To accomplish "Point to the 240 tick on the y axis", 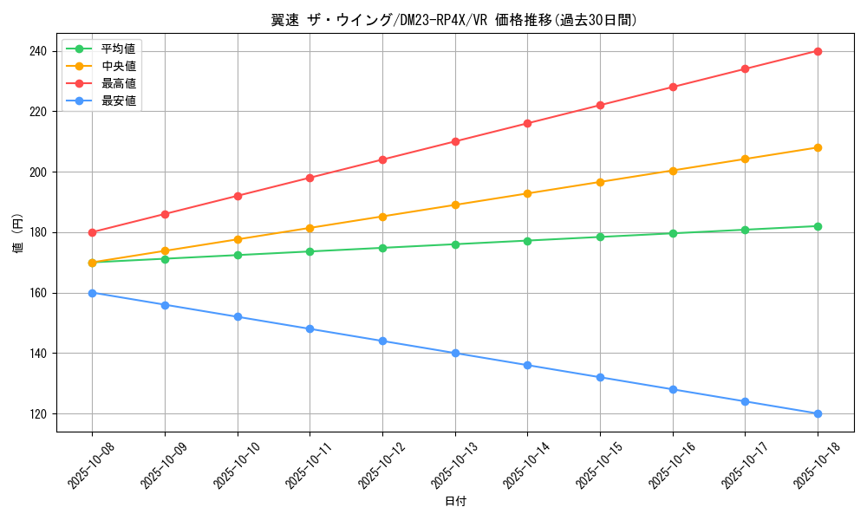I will click(38, 51).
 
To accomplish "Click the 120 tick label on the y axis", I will click(38, 413).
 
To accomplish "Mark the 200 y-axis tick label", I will click(38, 172).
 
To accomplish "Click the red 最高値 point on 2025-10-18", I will click(818, 51).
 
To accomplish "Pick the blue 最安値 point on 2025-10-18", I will click(818, 413).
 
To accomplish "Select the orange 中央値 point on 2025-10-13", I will click(455, 205).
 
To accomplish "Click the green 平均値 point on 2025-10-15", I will click(600, 237).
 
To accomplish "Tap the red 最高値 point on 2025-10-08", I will click(92, 232).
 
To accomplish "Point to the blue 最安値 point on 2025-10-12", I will click(382, 341).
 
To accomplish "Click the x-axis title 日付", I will click(455, 502).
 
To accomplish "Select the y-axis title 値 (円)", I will click(17, 232).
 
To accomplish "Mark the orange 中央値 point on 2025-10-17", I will click(745, 159).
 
